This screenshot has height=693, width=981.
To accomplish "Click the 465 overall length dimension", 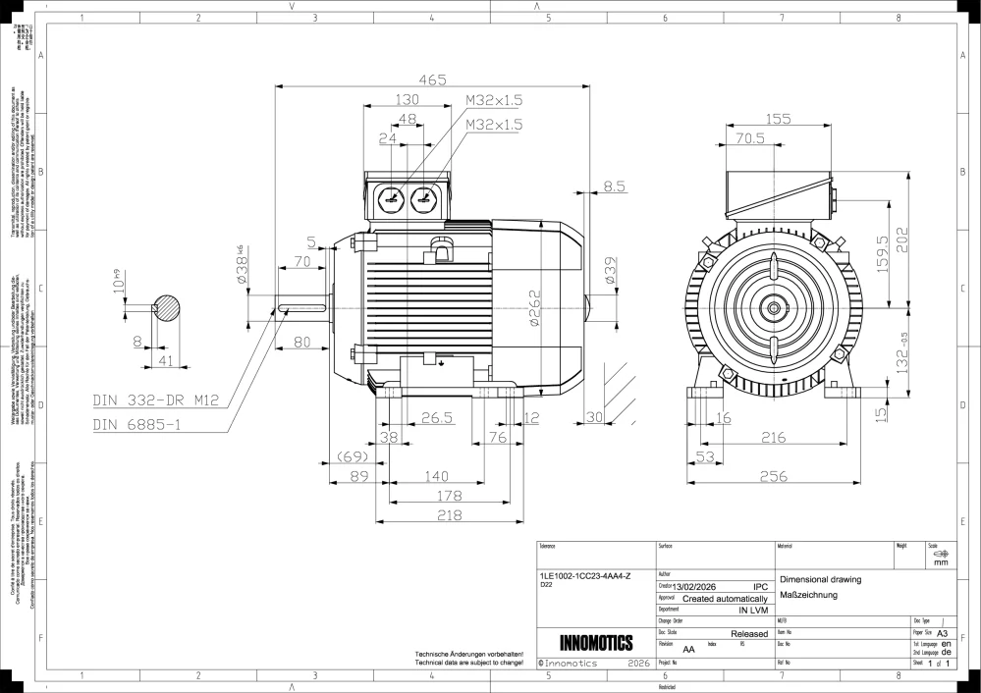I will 432,80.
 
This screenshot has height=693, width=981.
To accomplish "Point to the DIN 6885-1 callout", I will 138,424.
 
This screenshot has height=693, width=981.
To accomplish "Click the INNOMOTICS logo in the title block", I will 594,644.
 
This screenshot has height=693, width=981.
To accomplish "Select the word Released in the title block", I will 748,635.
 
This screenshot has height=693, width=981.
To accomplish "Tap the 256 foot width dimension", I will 773,477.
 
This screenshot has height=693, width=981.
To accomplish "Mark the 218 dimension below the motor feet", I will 449,515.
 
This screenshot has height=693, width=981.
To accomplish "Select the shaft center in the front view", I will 773,308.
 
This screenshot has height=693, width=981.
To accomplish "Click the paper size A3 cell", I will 943,634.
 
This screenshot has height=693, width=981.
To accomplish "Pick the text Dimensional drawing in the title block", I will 819,579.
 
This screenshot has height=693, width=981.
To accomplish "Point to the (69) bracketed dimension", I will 351,457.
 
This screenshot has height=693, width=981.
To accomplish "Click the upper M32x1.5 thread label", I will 494,100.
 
